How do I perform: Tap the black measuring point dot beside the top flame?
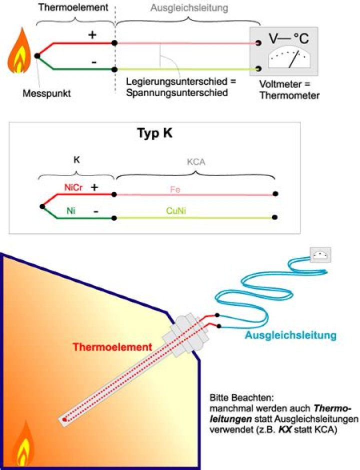pos(36,56)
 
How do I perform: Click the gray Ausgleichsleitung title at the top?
pos(189,9)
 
